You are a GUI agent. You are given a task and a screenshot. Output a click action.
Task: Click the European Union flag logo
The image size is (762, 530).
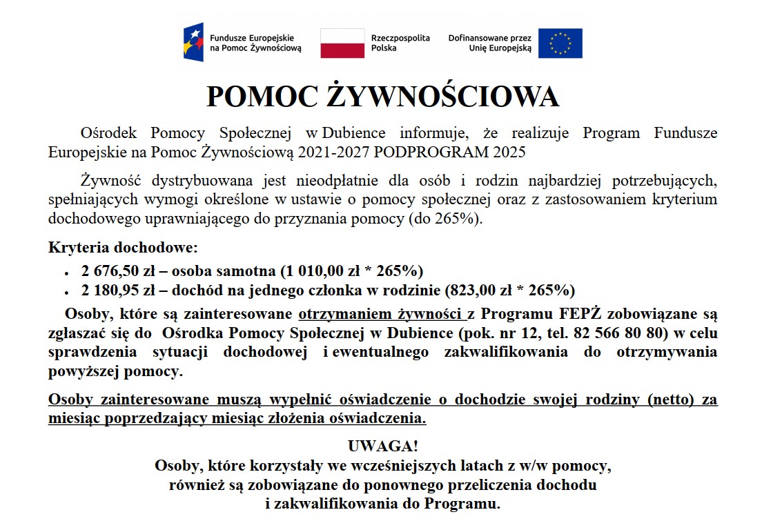click(560, 43)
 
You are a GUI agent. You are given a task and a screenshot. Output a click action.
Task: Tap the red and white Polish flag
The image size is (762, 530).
click(342, 43)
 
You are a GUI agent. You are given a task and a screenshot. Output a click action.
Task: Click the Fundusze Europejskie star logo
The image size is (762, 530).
click(193, 43)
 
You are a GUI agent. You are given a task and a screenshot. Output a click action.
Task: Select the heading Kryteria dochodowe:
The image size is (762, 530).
click(123, 247)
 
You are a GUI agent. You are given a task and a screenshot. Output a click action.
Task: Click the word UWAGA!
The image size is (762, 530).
click(382, 444)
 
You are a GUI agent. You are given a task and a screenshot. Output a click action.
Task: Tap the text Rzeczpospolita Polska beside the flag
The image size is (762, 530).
click(400, 43)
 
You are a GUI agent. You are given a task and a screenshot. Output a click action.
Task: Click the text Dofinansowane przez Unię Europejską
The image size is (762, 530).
click(489, 43)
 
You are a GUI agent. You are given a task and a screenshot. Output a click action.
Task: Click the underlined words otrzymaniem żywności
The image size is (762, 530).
click(382, 315)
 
